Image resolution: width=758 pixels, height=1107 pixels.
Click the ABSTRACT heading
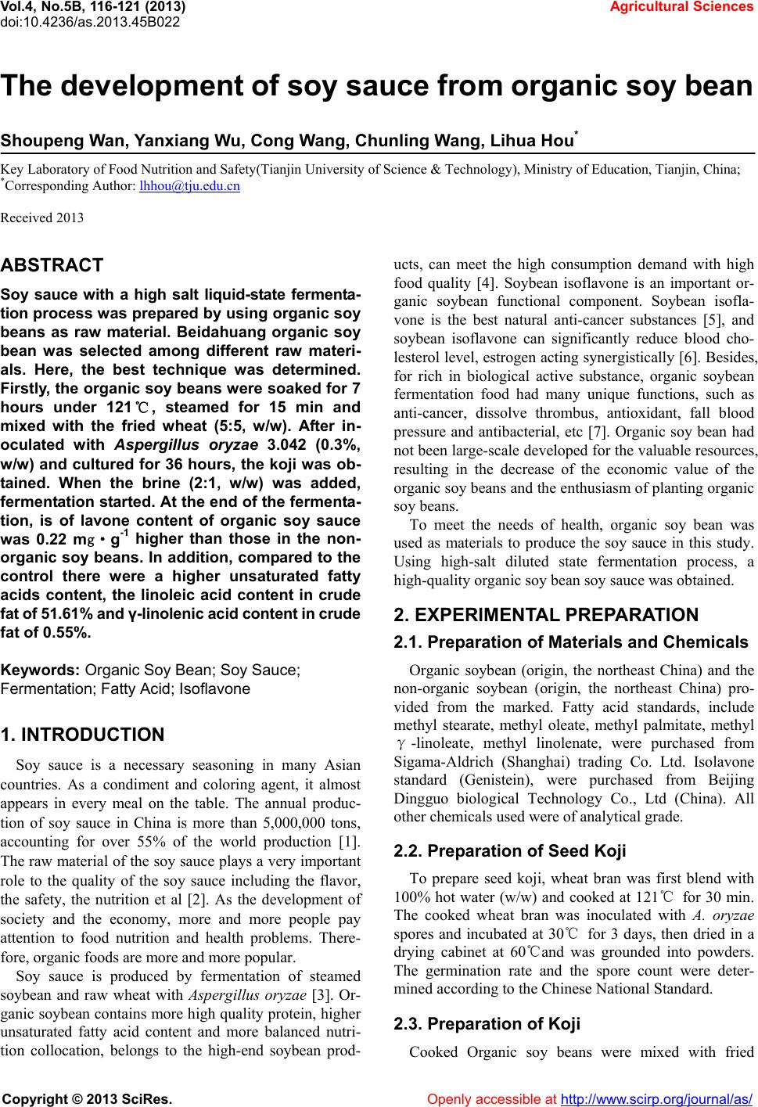(x=52, y=265)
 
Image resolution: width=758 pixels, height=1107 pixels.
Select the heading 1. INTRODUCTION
(x=83, y=735)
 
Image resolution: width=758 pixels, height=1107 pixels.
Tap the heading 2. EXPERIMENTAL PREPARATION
(x=547, y=615)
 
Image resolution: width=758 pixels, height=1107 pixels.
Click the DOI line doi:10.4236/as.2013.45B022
(x=90, y=21)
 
